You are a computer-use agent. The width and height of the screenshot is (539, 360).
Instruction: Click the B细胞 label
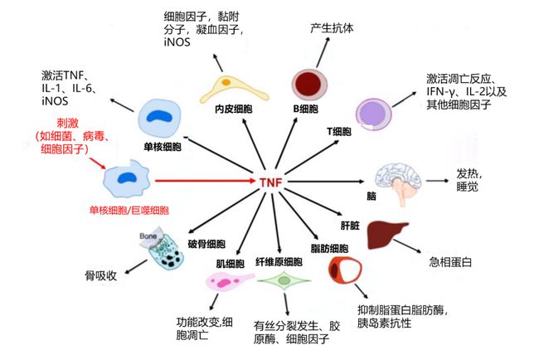[307, 107]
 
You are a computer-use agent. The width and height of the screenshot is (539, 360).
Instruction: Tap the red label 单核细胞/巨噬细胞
[128, 211]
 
